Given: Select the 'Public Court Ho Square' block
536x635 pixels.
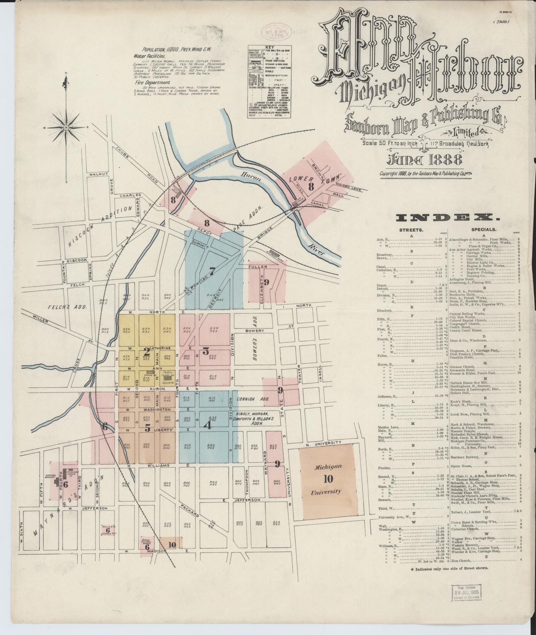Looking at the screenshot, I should (x=168, y=375).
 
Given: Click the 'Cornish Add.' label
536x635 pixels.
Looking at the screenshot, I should (x=253, y=399).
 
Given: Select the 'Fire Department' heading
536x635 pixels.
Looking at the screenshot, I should (x=154, y=82).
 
